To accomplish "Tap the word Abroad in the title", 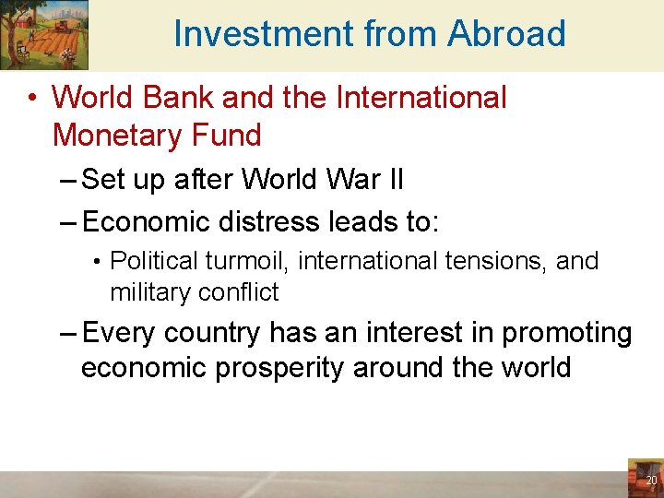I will coord(506,34).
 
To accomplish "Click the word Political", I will coord(153,262).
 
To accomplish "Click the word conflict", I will coord(238,293).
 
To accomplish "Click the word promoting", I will coord(566,333).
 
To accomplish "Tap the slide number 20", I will coord(651,480).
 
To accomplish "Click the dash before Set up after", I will coord(68,179).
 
